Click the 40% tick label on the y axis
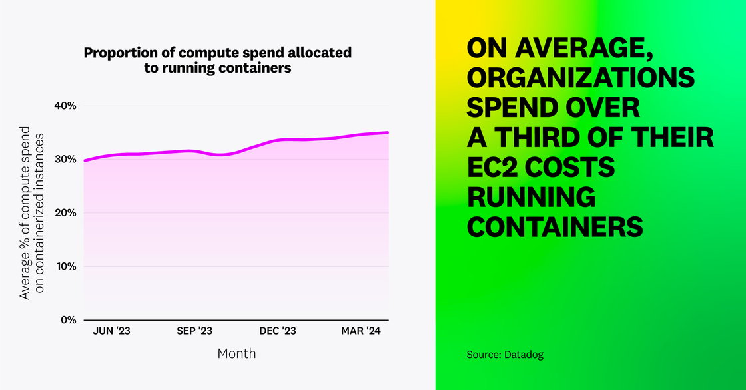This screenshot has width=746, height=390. tap(65, 106)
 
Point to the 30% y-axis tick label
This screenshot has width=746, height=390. tap(65, 160)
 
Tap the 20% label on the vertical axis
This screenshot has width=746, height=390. tap(65, 213)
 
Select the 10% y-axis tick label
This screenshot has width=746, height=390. tap(65, 266)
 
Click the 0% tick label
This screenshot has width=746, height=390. tap(68, 319)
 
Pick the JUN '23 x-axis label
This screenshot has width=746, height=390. tap(111, 331)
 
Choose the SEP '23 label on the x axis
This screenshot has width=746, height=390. tap(194, 331)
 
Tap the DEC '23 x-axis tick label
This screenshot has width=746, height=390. tap(278, 331)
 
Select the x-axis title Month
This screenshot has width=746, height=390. tap(236, 353)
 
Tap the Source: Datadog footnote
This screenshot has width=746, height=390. tap(505, 355)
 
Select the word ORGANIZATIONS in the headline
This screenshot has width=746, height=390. tap(580, 79)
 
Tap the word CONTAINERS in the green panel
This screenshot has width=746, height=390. tap(554, 227)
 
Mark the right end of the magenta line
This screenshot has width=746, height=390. tap(388, 132)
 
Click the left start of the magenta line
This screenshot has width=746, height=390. tap(85, 160)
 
